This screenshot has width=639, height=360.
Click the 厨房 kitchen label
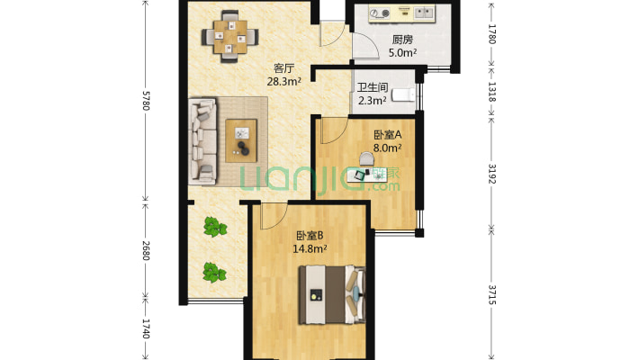coord(402,40)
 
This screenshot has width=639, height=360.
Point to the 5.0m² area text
coord(402,53)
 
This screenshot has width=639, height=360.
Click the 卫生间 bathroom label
coord(373,88)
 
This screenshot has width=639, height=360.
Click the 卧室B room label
coord(310,237)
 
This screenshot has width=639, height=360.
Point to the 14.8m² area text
coord(310,250)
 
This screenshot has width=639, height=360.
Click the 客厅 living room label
coord(284,67)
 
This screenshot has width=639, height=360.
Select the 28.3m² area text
coord(284,81)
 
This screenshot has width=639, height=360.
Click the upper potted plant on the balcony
coord(213,227)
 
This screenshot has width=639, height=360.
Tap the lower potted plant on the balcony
coord(213,271)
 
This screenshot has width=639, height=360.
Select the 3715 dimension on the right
coord(492,295)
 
